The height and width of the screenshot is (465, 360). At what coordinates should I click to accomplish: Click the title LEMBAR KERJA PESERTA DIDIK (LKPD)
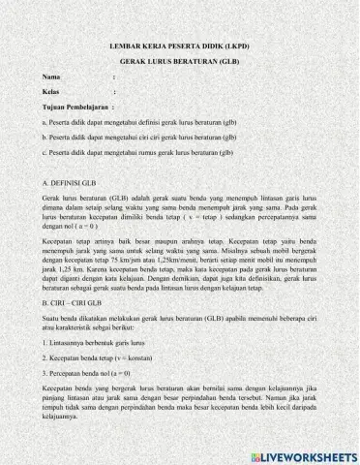[180, 46]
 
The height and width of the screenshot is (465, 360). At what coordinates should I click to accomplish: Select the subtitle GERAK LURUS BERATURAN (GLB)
[180, 60]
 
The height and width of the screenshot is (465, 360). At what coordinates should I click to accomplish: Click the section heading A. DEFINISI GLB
[71, 182]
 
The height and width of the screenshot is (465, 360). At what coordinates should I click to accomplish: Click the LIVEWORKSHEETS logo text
[305, 454]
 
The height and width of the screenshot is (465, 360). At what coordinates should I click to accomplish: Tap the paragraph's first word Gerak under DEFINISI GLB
[52, 196]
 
